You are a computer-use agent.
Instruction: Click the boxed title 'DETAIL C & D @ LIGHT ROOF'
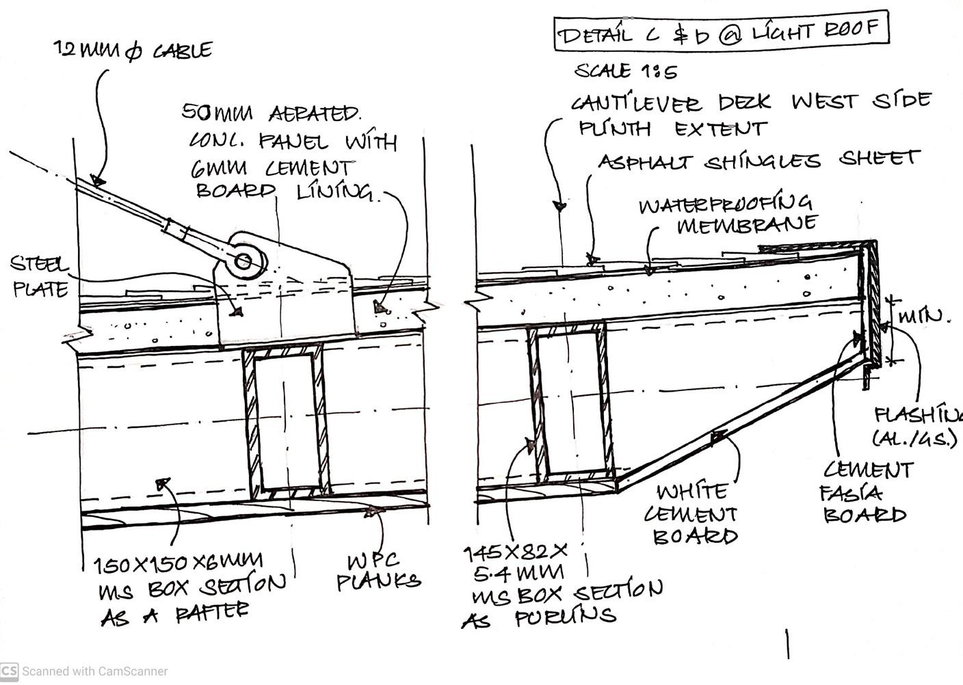pyautogui.click(x=721, y=31)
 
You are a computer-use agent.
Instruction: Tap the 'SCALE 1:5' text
pyautogui.click(x=626, y=71)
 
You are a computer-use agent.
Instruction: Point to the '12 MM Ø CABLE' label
pyautogui.click(x=133, y=50)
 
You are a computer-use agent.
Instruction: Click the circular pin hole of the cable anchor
pyautogui.click(x=243, y=260)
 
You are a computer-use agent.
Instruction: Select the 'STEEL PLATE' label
pyautogui.click(x=40, y=277)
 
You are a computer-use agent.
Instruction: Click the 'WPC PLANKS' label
pyautogui.click(x=378, y=572)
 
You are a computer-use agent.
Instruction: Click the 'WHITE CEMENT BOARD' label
pyautogui.click(x=694, y=514)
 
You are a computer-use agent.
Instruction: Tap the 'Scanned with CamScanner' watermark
pyautogui.click(x=85, y=671)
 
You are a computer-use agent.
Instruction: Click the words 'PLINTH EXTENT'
pyautogui.click(x=673, y=129)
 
